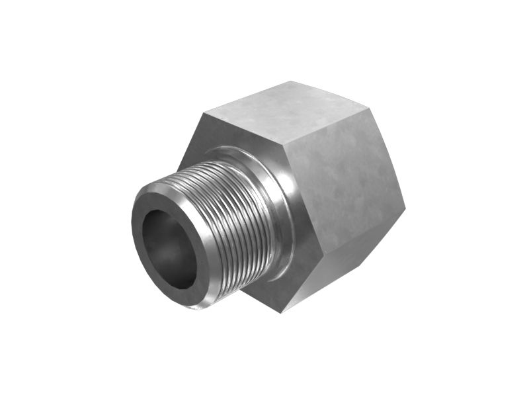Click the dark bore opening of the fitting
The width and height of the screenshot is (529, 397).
[x=169, y=250]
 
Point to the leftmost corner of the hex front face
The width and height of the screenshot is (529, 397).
[x=177, y=168]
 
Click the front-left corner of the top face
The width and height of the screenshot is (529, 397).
[x=202, y=113]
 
